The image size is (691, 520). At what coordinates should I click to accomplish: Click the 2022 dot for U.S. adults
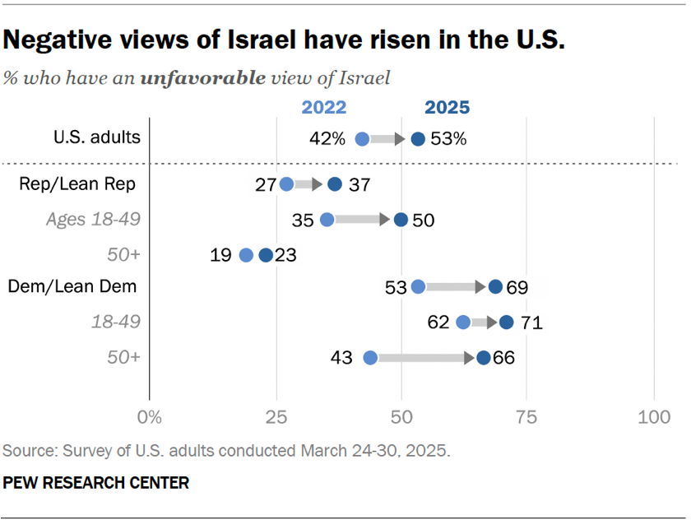click(x=362, y=139)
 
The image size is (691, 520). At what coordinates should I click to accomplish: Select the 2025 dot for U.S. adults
click(x=418, y=139)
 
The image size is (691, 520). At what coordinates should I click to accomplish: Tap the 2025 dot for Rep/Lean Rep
click(x=334, y=183)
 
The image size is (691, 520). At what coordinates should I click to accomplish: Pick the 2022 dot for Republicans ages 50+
click(x=246, y=255)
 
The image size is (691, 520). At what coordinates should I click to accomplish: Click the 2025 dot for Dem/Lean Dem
click(x=495, y=286)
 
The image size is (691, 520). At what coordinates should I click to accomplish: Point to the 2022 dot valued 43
click(x=370, y=358)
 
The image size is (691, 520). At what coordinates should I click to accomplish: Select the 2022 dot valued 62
click(x=463, y=323)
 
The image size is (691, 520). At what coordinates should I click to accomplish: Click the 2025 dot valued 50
click(x=401, y=220)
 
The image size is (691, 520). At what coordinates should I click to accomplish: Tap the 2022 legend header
click(x=323, y=108)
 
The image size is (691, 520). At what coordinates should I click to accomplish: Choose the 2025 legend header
click(x=447, y=108)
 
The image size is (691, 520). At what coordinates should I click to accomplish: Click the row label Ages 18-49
click(x=93, y=220)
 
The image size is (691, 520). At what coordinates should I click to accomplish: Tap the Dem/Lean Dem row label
click(x=72, y=286)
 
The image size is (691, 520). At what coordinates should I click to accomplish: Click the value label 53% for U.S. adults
click(x=448, y=139)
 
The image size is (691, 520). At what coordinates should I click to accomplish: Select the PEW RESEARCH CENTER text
click(x=96, y=483)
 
